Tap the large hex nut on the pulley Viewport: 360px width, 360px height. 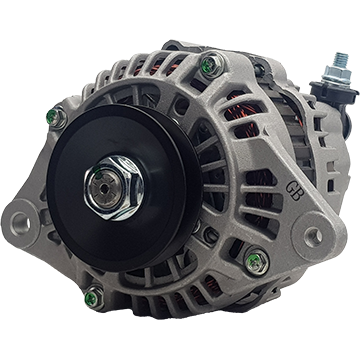(114, 188)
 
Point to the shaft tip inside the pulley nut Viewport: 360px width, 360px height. (104, 189)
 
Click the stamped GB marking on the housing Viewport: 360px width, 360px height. (293, 191)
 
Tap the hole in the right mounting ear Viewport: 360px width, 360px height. (313, 236)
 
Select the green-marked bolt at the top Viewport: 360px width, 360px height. (212, 65)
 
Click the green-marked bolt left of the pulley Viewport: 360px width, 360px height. (56, 117)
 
